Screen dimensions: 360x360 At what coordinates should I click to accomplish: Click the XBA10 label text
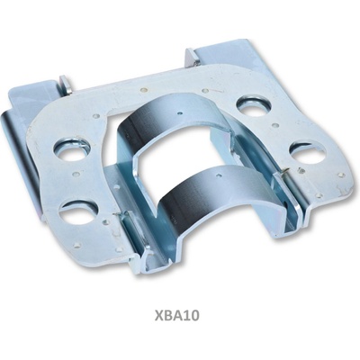click(x=177, y=315)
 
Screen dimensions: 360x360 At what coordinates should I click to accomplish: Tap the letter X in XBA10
click(x=159, y=315)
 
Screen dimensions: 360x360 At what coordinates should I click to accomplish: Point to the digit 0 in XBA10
click(x=195, y=315)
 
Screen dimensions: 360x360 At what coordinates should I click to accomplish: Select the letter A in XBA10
click(x=177, y=315)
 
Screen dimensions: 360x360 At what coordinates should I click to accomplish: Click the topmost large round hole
click(x=254, y=106)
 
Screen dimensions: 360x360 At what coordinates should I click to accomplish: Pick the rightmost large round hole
click(x=308, y=153)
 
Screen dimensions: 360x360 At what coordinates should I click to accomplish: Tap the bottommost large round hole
click(x=78, y=212)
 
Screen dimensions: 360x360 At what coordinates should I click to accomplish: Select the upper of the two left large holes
click(x=71, y=148)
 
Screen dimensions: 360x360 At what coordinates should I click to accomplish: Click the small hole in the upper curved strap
click(x=179, y=113)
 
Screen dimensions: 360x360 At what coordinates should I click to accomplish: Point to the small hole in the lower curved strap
click(x=219, y=175)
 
